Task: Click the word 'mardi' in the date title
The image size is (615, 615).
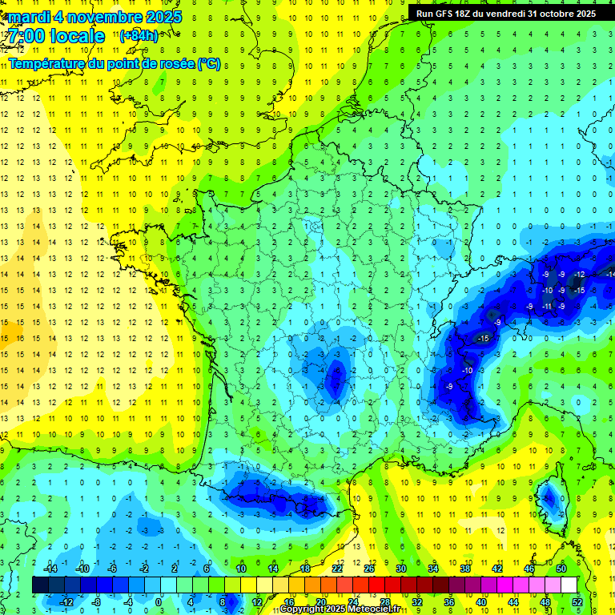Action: [x=30, y=16]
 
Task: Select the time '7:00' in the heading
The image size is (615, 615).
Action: [x=25, y=36]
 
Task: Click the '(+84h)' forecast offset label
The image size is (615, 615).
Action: [x=139, y=35]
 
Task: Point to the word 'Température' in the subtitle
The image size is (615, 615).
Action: [x=46, y=63]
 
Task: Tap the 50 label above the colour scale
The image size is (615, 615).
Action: [x=561, y=569]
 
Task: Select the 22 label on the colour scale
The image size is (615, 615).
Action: [x=337, y=569]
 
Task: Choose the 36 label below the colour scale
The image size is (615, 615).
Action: [x=449, y=602]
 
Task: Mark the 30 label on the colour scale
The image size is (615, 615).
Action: [x=401, y=569]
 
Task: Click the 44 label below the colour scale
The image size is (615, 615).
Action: [x=513, y=602]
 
